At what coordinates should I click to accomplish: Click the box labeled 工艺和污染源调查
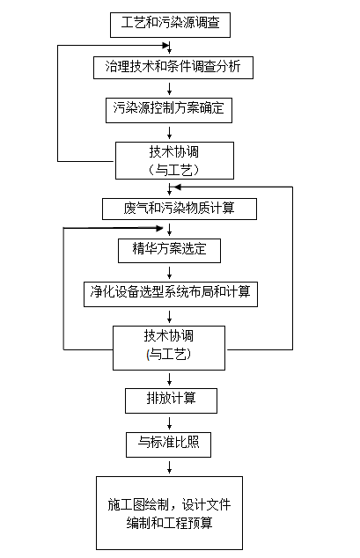(x=170, y=25)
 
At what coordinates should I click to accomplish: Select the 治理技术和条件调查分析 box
(x=173, y=67)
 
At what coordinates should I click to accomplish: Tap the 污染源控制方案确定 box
(x=169, y=110)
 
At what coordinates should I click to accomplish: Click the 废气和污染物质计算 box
(x=180, y=209)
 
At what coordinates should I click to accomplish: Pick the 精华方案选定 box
(x=169, y=251)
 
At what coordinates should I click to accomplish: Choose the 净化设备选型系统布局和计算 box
(x=171, y=294)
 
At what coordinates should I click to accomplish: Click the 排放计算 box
(x=171, y=400)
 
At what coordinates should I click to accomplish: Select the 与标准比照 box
(x=169, y=444)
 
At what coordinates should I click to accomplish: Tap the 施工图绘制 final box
(x=169, y=513)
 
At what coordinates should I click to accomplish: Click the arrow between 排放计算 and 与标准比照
(x=169, y=423)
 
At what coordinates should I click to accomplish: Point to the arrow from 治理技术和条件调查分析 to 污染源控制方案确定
(x=169, y=89)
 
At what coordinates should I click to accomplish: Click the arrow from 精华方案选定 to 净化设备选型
(x=169, y=273)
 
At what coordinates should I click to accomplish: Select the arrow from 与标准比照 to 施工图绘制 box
(x=169, y=467)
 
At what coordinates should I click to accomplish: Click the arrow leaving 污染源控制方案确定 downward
(x=169, y=133)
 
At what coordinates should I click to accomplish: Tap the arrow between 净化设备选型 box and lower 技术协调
(x=169, y=317)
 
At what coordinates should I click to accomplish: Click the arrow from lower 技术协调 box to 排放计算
(x=169, y=379)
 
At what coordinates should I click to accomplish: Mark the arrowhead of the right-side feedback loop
(x=177, y=187)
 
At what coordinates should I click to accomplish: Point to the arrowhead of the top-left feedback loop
(x=165, y=45)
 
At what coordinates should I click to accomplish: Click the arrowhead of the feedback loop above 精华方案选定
(x=159, y=228)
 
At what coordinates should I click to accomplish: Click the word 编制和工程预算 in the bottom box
(x=169, y=523)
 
